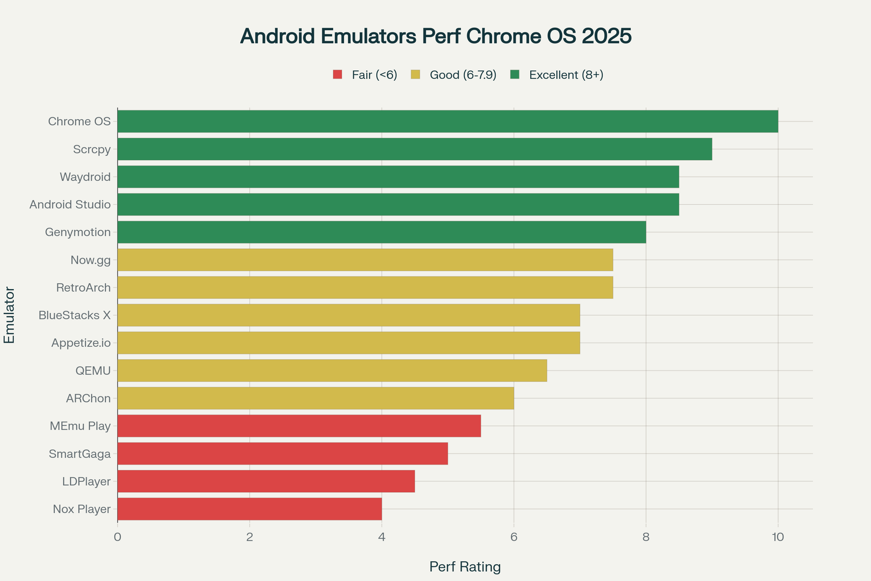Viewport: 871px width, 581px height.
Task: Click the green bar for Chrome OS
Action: pos(447,121)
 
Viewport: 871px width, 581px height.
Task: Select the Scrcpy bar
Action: pos(415,149)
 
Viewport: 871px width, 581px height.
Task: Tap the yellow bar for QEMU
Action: pos(332,370)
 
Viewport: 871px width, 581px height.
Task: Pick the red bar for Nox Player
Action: pos(249,509)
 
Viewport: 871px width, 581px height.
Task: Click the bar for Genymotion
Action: pos(382,232)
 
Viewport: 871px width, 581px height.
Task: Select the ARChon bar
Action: pos(316,398)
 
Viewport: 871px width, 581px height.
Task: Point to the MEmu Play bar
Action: pos(299,426)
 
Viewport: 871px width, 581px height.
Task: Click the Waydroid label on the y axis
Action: pos(85,177)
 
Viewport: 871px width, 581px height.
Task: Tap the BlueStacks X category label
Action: pos(75,315)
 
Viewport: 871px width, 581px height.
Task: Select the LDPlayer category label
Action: pos(86,481)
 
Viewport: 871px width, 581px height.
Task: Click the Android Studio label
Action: pos(70,205)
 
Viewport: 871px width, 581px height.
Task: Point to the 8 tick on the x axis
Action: pos(646,537)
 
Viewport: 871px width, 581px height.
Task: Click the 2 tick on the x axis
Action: pos(249,537)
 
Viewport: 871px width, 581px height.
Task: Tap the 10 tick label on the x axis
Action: pos(778,537)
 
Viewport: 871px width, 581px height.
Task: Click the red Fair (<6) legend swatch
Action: pos(338,75)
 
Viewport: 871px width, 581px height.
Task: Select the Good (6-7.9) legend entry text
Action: pos(463,75)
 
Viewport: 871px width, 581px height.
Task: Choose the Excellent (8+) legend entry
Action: pos(566,75)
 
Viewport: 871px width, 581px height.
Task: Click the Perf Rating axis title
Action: pos(465,567)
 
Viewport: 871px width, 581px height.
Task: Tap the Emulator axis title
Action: pos(9,315)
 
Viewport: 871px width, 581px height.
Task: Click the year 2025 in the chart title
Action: pos(606,36)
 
